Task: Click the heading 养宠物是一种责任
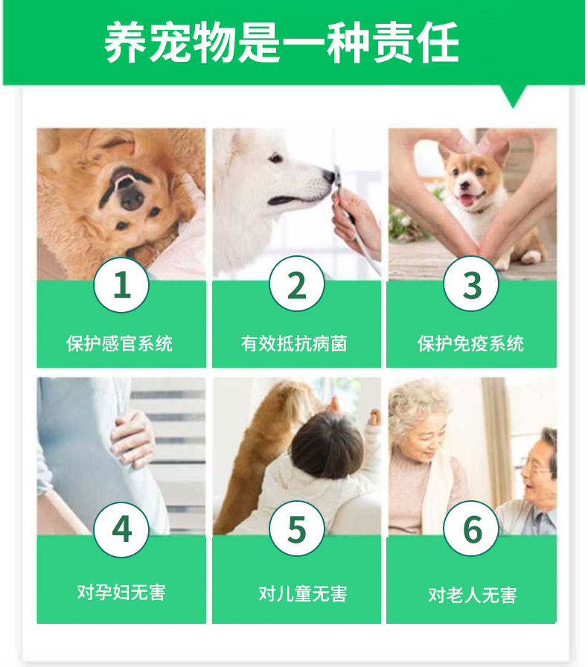[281, 43]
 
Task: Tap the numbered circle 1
[121, 284]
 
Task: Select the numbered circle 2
[296, 284]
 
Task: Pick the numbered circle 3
[471, 284]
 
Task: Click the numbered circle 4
[121, 529]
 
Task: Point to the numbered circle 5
[296, 529]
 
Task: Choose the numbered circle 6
[471, 529]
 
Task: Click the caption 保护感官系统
[120, 344]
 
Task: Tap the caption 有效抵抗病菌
[295, 344]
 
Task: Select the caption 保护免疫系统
[470, 344]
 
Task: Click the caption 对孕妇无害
[121, 592]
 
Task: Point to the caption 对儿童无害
[303, 594]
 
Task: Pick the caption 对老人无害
[473, 595]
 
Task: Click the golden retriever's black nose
[132, 198]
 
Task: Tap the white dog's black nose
[329, 176]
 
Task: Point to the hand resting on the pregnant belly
[132, 438]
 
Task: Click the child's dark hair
[327, 447]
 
